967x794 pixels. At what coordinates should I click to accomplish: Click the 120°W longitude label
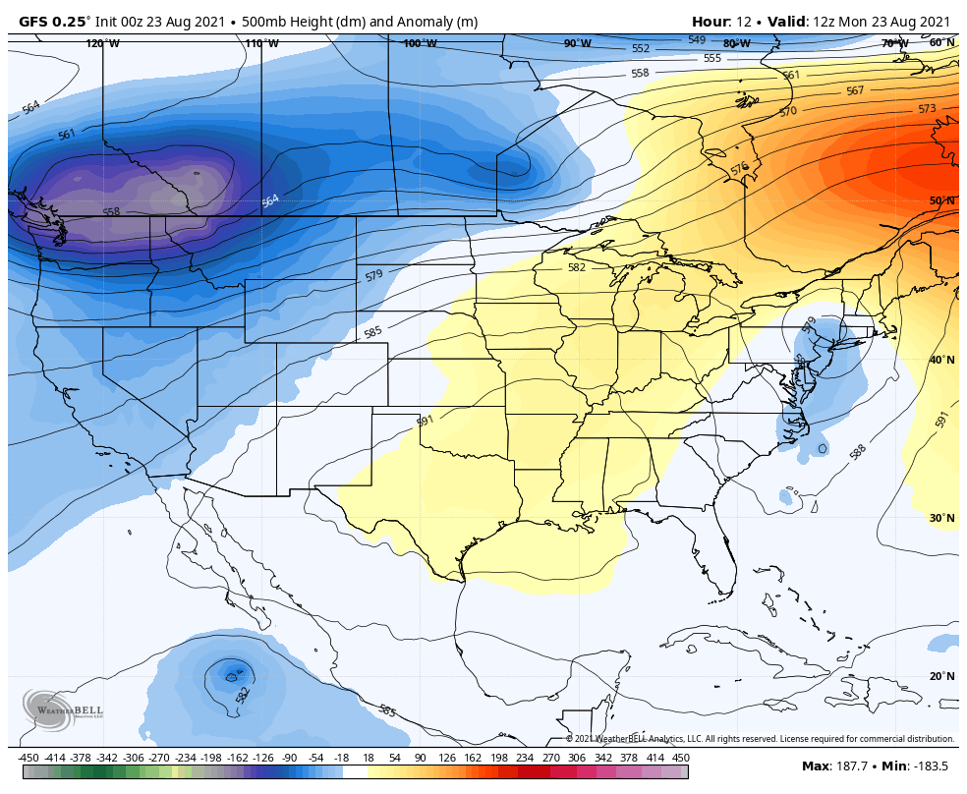pos(102,43)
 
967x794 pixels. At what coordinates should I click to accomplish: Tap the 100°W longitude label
pos(420,43)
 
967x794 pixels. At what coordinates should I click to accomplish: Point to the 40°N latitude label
pos(941,360)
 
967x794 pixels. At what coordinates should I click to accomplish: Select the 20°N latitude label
pos(941,676)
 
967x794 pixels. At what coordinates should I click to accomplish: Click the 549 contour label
pos(697,40)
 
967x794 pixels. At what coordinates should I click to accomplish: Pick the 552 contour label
pos(641,48)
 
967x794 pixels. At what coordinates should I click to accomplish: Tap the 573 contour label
pos(927,109)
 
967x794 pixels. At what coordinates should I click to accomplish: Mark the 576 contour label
pos(740,169)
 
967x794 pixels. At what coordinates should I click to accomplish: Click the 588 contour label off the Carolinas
pos(858,451)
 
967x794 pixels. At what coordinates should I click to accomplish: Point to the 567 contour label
pos(855,90)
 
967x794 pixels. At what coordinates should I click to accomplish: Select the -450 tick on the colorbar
pos(29,758)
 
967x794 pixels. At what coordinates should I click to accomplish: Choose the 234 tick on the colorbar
pos(525,758)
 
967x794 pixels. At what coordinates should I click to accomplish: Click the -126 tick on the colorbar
pos(261,758)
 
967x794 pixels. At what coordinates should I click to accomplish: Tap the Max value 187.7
pos(852,766)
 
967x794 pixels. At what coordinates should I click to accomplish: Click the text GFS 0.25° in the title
pos(54,22)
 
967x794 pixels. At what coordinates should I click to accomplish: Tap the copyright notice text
pos(760,739)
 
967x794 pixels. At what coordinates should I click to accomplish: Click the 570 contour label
pos(788,112)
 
